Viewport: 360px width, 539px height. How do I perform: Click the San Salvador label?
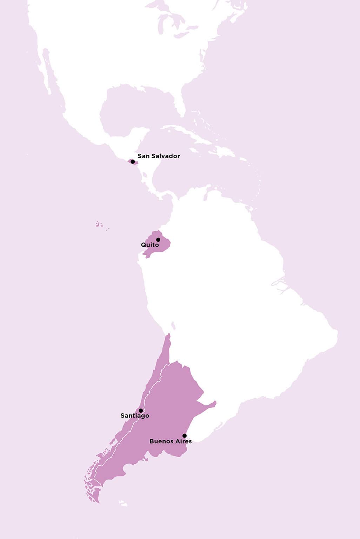pyautogui.click(x=159, y=156)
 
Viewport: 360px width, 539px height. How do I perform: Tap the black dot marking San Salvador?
pyautogui.click(x=133, y=162)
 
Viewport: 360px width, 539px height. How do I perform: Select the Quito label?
pyautogui.click(x=150, y=245)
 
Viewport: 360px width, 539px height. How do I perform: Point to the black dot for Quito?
pyautogui.click(x=158, y=240)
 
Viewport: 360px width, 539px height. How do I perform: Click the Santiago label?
pyautogui.click(x=135, y=416)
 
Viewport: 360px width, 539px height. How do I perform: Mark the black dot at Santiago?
pyautogui.click(x=141, y=411)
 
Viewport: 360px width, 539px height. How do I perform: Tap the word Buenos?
pyautogui.click(x=161, y=441)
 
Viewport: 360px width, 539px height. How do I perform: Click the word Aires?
pyautogui.click(x=184, y=441)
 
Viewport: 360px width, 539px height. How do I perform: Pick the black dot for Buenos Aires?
pyautogui.click(x=185, y=436)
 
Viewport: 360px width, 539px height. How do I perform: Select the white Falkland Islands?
pyautogui.click(x=122, y=504)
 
